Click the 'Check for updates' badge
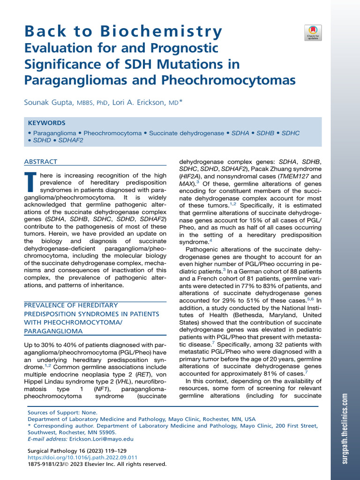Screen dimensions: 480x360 pyautogui.click(x=313, y=32)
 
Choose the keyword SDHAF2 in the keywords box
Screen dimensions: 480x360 pyautogui.click(x=71, y=140)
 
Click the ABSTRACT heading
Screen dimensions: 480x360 pyautogui.click(x=40, y=162)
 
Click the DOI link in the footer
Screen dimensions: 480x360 pyautogui.click(x=82, y=457)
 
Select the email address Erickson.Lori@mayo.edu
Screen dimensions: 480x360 pyautogui.click(x=101, y=439)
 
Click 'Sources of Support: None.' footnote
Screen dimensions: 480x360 pyautogui.click(x=63, y=412)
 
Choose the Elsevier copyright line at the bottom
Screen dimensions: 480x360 pyautogui.click(x=97, y=464)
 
